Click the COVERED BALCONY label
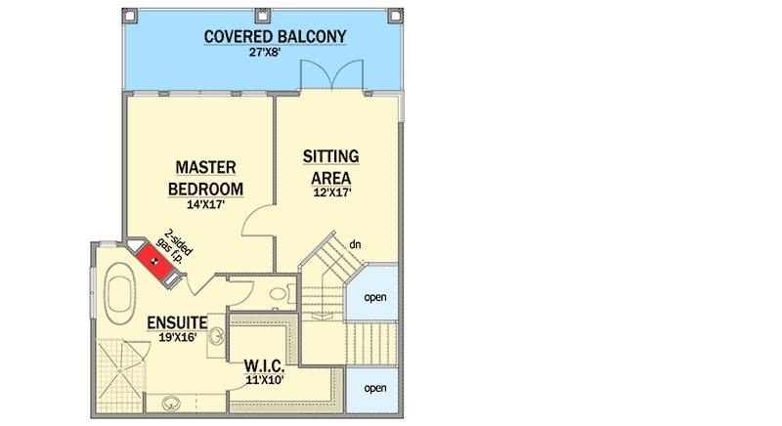(x=275, y=37)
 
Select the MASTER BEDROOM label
(x=205, y=179)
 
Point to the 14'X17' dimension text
(x=205, y=204)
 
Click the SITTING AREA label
(x=331, y=167)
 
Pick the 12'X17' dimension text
(x=332, y=192)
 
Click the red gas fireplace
(x=155, y=262)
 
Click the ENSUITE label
(x=177, y=322)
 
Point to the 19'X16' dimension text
(x=178, y=337)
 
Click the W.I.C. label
(x=264, y=366)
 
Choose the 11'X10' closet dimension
(x=265, y=380)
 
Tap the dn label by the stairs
(x=355, y=244)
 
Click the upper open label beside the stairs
(x=375, y=297)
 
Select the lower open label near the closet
(x=375, y=388)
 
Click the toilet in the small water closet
(x=282, y=293)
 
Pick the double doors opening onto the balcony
(x=331, y=75)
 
